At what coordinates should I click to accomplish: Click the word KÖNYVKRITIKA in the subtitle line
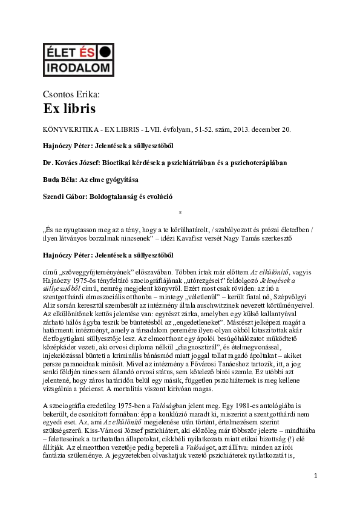pyautogui.click(x=68, y=129)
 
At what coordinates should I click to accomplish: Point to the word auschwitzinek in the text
pyautogui.click(x=241, y=306)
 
